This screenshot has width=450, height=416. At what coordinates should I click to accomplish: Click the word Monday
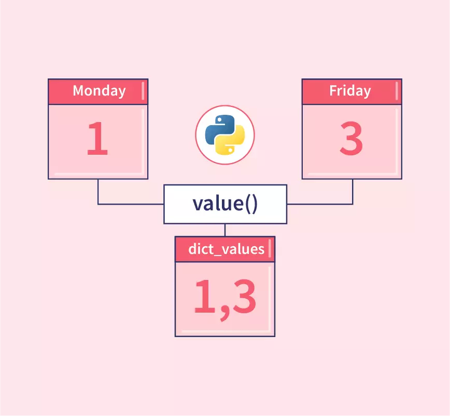pyautogui.click(x=100, y=91)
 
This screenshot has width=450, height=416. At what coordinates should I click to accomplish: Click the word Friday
pyautogui.click(x=350, y=91)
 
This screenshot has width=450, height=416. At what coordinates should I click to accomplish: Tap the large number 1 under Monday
pyautogui.click(x=97, y=138)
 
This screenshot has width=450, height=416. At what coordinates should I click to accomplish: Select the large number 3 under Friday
pyautogui.click(x=351, y=138)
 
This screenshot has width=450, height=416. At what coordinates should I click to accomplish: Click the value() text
pyautogui.click(x=225, y=204)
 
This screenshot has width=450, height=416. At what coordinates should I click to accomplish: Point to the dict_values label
pyautogui.click(x=226, y=249)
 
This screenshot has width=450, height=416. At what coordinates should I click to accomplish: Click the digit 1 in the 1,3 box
pyautogui.click(x=204, y=296)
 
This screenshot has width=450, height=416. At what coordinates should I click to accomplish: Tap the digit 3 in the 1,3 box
pyautogui.click(x=244, y=296)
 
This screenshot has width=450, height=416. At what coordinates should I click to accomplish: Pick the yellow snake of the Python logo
pyautogui.click(x=231, y=141)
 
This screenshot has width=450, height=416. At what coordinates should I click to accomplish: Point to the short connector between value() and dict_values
pyautogui.click(x=225, y=230)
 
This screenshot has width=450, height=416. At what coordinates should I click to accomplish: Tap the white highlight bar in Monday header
pyautogui.click(x=143, y=91)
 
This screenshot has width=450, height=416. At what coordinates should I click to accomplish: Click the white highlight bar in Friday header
pyautogui.click(x=397, y=91)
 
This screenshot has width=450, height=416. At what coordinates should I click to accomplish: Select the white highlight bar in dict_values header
pyautogui.click(x=270, y=248)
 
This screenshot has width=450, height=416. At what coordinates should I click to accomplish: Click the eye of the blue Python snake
pyautogui.click(x=219, y=119)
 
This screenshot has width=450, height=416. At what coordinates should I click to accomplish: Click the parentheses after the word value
pyautogui.click(x=251, y=204)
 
